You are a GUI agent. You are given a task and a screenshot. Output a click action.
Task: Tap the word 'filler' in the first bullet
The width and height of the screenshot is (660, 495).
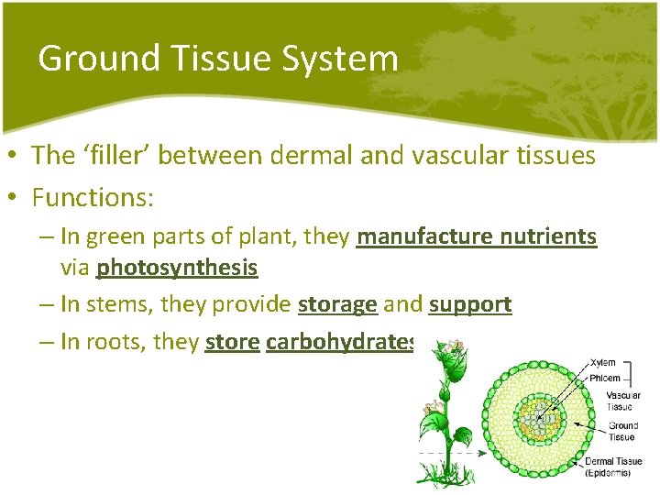point(114,155)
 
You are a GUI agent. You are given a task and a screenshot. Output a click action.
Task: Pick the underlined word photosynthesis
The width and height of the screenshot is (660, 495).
point(177,268)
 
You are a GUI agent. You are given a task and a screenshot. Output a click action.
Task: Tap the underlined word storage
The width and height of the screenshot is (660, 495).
point(337,304)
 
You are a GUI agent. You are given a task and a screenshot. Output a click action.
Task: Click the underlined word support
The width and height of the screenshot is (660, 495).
point(469,304)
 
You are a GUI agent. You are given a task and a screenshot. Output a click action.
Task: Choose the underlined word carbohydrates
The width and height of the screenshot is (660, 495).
point(340,342)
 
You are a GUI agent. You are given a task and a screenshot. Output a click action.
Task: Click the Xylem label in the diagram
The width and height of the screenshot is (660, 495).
point(602,363)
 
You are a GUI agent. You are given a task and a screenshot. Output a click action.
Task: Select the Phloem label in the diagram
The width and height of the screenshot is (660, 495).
point(605,378)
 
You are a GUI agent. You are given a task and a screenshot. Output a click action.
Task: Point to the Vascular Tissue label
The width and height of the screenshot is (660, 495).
point(622,401)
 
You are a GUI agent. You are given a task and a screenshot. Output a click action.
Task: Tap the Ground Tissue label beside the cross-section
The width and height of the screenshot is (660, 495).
point(622,431)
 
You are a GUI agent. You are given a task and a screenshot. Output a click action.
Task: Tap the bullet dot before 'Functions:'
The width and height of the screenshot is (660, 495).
point(16,197)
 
